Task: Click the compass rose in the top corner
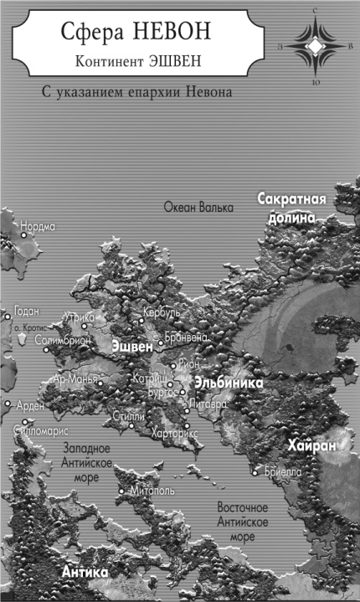point(313,48)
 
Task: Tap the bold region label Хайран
point(311,446)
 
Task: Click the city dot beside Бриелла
point(256,473)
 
